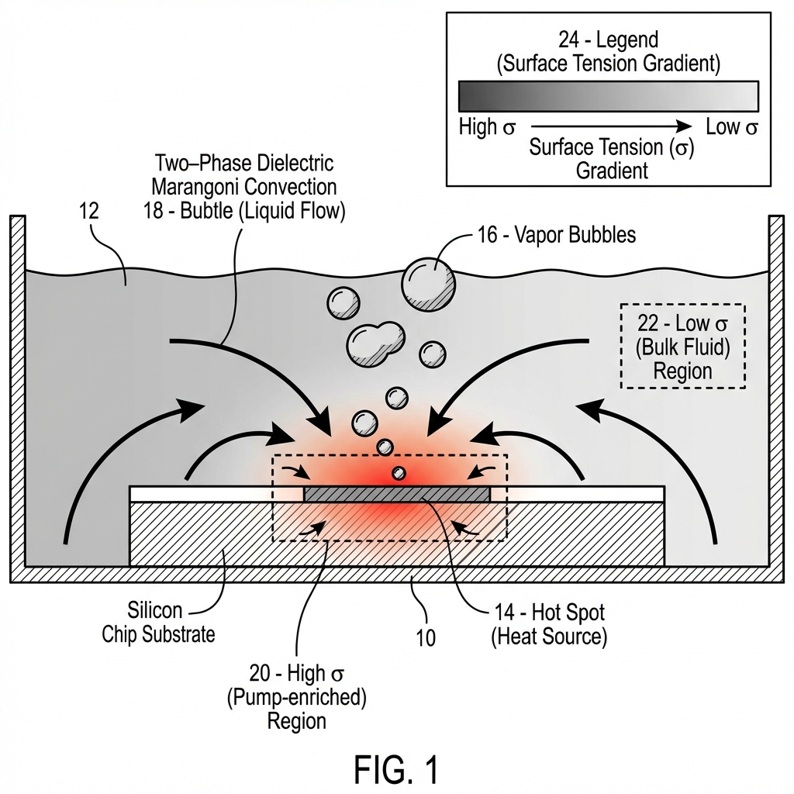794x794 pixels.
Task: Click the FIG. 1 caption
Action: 396,769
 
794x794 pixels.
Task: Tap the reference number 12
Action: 90,212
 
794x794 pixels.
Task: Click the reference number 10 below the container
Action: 425,637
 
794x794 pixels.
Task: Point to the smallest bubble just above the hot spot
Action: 399,473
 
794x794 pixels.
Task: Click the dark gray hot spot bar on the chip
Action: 396,494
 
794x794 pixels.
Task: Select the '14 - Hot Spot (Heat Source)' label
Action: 549,624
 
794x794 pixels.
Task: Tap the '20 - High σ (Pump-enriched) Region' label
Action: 296,696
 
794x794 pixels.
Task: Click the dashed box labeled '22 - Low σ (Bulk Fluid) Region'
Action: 682,346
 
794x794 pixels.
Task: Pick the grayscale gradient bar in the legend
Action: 608,97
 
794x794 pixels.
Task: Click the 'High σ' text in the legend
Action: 487,127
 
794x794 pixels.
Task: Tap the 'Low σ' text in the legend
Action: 731,127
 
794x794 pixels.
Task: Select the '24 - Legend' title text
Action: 608,40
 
